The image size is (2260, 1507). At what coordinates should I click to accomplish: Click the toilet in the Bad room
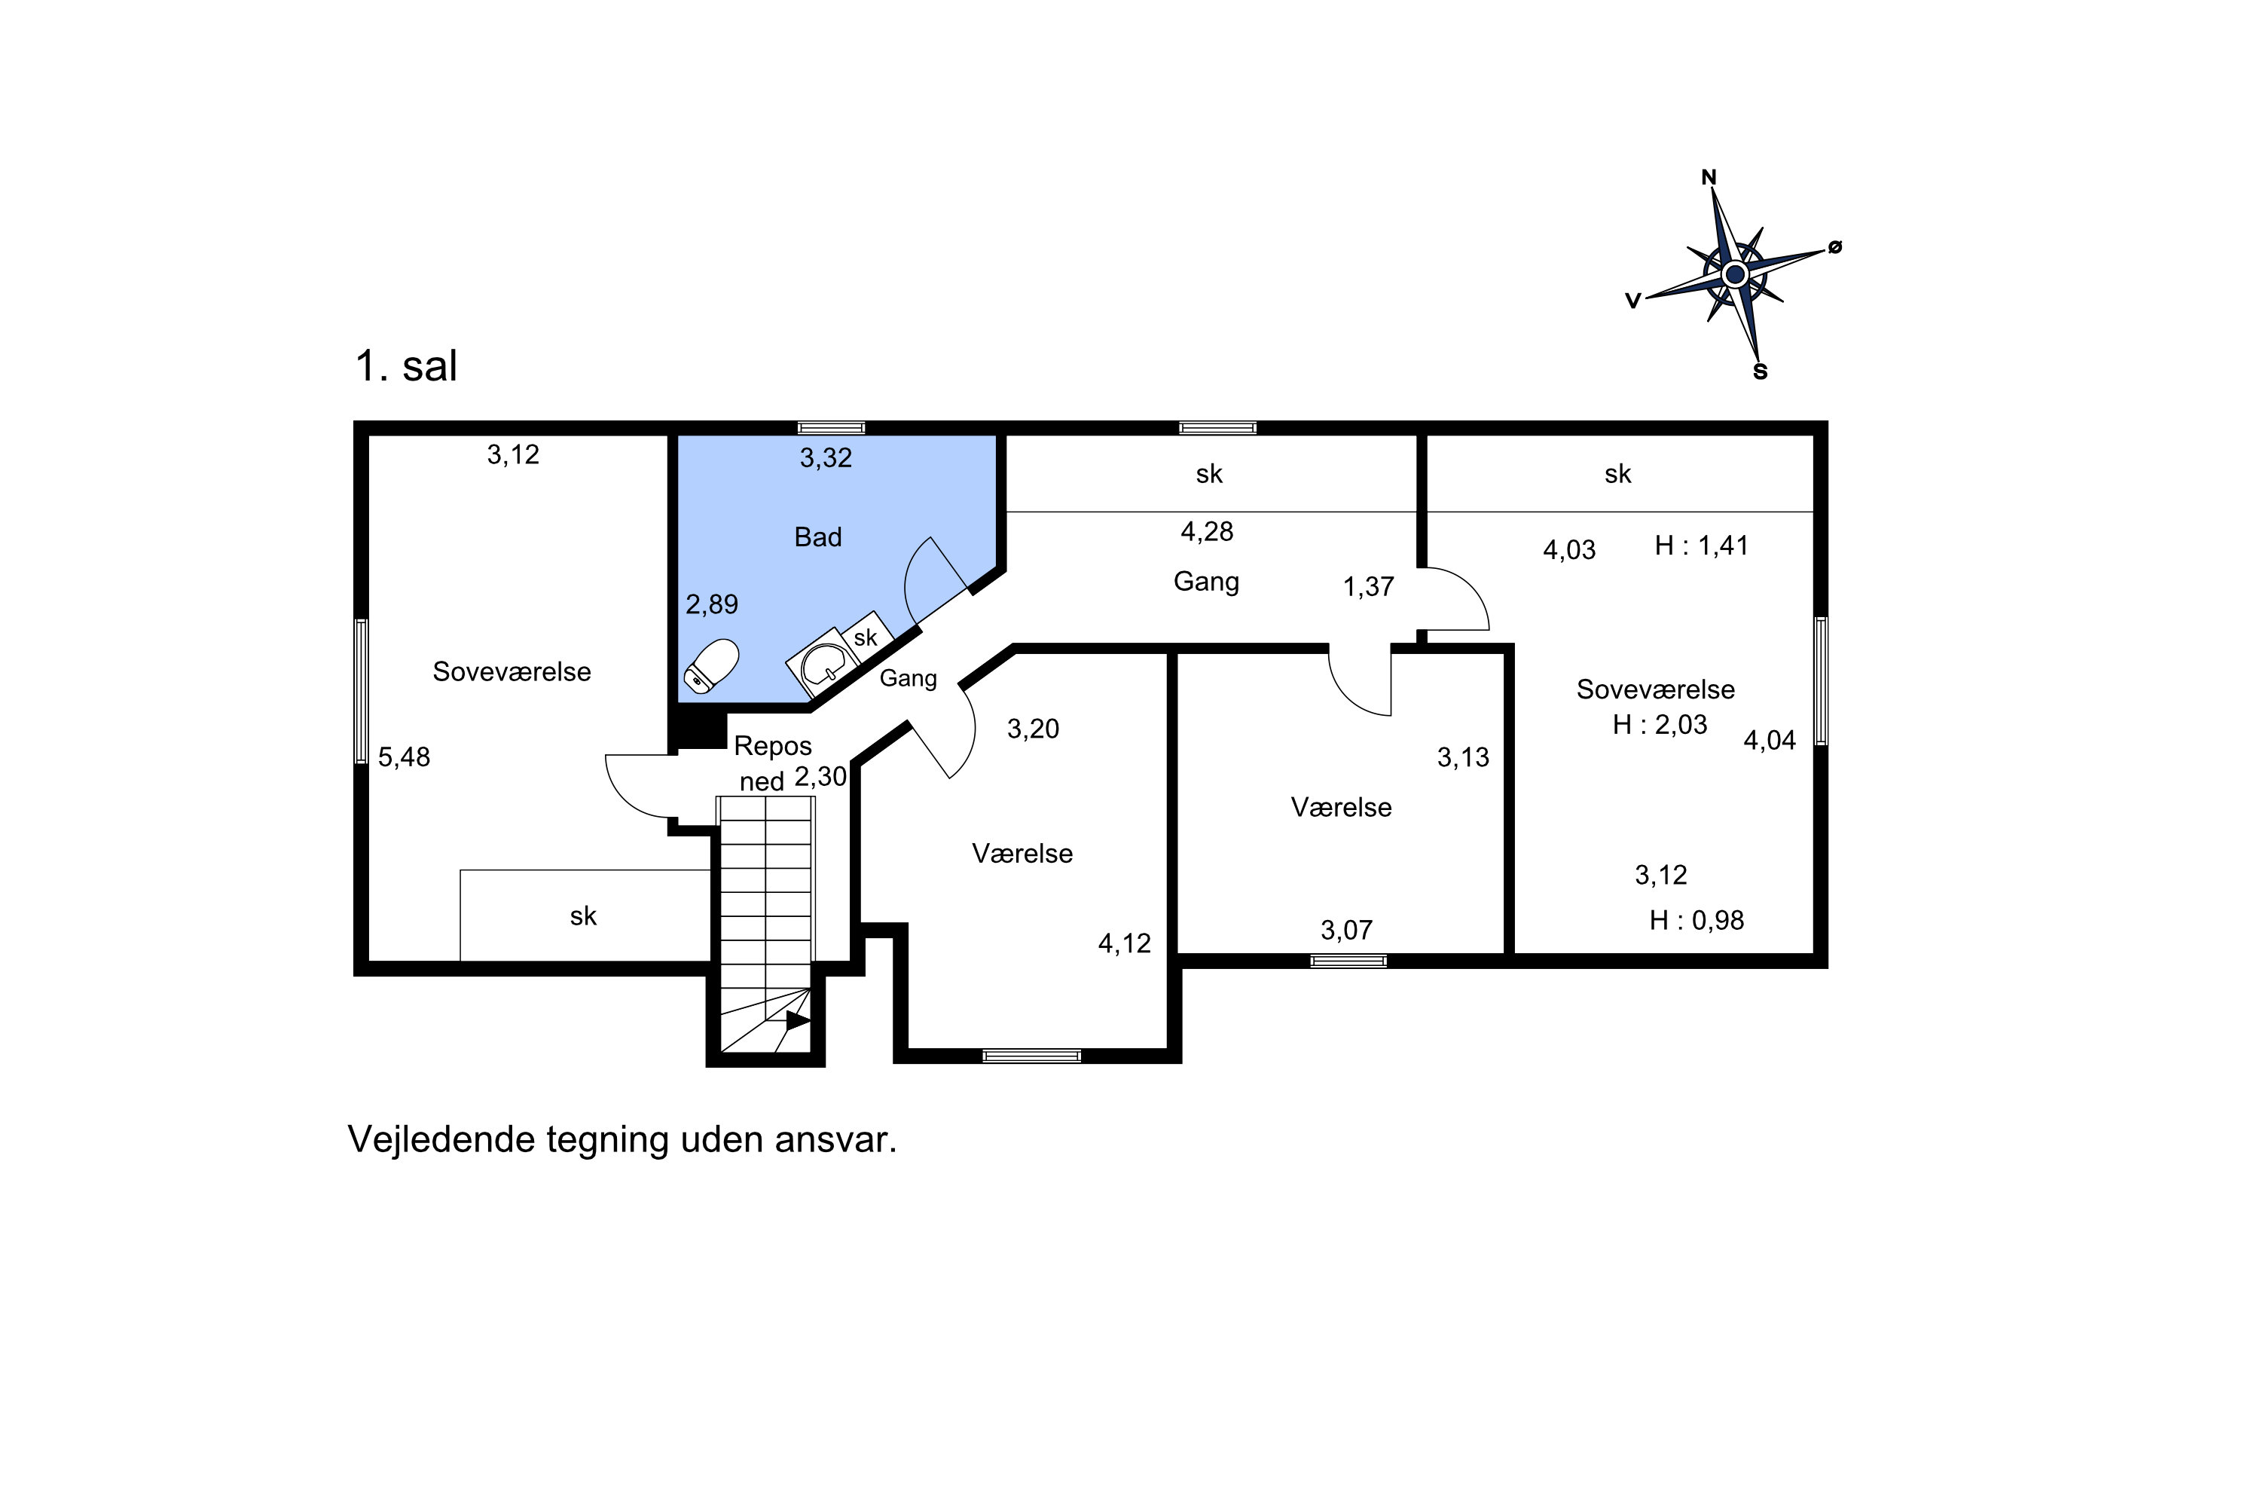pyautogui.click(x=711, y=666)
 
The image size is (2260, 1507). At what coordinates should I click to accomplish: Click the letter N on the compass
pyautogui.click(x=1709, y=178)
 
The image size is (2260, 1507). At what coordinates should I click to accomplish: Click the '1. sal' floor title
pyautogui.click(x=405, y=366)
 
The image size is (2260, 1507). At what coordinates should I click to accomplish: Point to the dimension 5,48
pyautogui.click(x=404, y=757)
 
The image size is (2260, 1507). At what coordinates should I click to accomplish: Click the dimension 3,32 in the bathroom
pyautogui.click(x=826, y=457)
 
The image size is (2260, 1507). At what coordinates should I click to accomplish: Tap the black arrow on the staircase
pyautogui.click(x=796, y=1021)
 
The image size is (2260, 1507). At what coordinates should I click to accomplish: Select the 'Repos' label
pyautogui.click(x=773, y=746)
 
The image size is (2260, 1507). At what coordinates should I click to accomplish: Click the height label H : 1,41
pyautogui.click(x=1701, y=546)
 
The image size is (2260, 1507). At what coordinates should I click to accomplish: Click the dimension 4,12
pyautogui.click(x=1124, y=944)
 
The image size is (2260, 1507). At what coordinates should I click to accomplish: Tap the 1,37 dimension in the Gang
pyautogui.click(x=1367, y=586)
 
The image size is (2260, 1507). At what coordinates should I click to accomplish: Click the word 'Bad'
pyautogui.click(x=817, y=537)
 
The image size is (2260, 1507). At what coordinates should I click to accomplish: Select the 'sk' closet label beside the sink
pyautogui.click(x=865, y=637)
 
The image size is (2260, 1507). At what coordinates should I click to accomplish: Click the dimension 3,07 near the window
pyautogui.click(x=1346, y=931)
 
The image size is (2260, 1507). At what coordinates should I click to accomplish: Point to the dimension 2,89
pyautogui.click(x=711, y=604)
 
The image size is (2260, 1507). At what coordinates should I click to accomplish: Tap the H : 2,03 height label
pyautogui.click(x=1660, y=725)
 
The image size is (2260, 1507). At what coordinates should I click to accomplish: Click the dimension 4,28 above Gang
pyautogui.click(x=1207, y=531)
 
